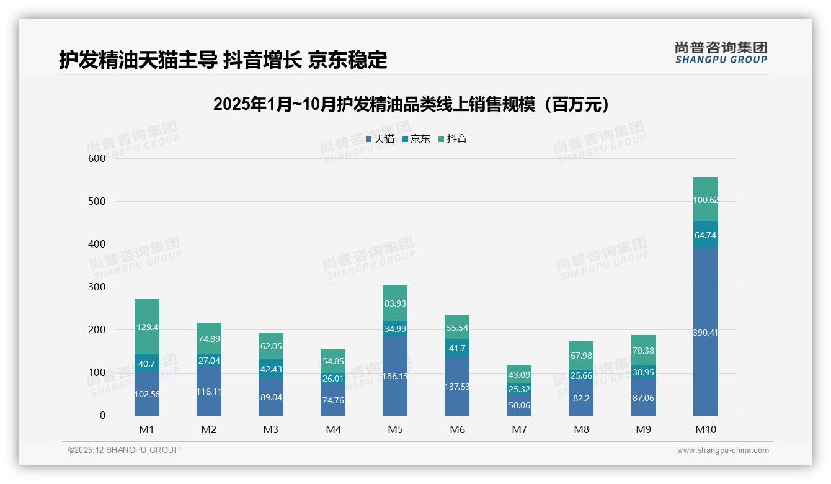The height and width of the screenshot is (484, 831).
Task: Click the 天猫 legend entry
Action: tap(380, 139)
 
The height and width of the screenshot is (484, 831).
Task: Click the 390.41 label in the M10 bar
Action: tap(705, 333)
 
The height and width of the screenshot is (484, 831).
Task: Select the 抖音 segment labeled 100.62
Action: tap(705, 200)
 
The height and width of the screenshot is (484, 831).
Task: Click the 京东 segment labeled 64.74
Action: tap(705, 235)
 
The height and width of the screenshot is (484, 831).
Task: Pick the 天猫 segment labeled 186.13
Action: tap(395, 376)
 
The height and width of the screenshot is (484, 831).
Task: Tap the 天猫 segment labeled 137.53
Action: tap(457, 387)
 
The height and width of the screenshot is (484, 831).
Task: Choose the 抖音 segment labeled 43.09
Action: tap(519, 375)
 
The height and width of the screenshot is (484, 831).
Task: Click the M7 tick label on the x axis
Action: tap(519, 429)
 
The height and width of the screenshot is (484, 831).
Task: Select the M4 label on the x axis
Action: tap(333, 429)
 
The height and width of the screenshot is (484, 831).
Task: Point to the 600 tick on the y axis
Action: tap(97, 158)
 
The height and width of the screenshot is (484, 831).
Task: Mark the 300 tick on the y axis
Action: tap(97, 287)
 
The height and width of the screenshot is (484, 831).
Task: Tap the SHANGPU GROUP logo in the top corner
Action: tap(721, 53)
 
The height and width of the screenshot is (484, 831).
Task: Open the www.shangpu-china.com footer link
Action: tap(722, 450)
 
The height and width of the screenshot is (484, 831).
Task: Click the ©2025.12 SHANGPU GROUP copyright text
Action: tap(124, 450)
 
